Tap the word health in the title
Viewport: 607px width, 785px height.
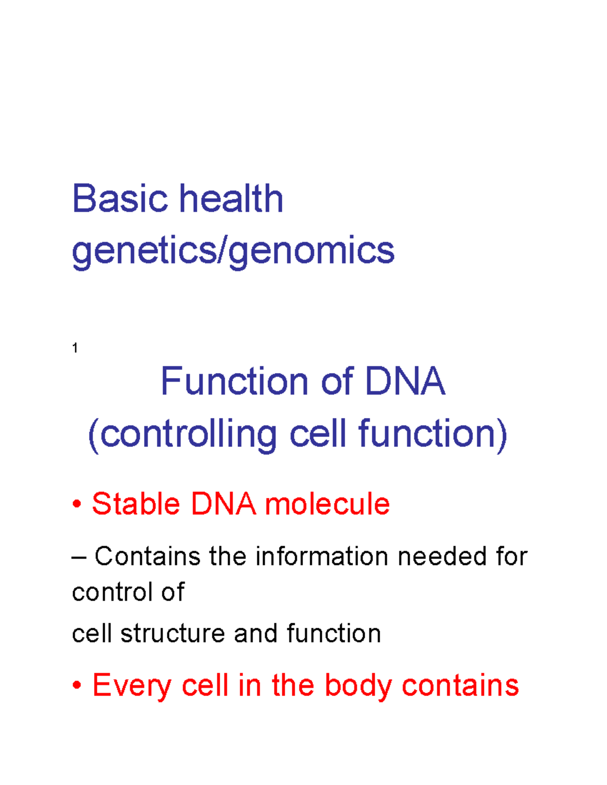pyautogui.click(x=231, y=199)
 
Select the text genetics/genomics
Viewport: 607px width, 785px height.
pyautogui.click(x=233, y=251)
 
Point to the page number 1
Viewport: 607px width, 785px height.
pyautogui.click(x=75, y=348)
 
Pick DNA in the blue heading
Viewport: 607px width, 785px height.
pyautogui.click(x=405, y=382)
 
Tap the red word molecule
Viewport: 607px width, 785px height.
pyautogui.click(x=327, y=504)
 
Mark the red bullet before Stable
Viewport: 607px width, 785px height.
pyautogui.click(x=77, y=504)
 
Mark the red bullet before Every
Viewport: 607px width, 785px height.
pyautogui.click(x=77, y=686)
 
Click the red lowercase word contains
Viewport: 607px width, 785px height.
pyautogui.click(x=460, y=686)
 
